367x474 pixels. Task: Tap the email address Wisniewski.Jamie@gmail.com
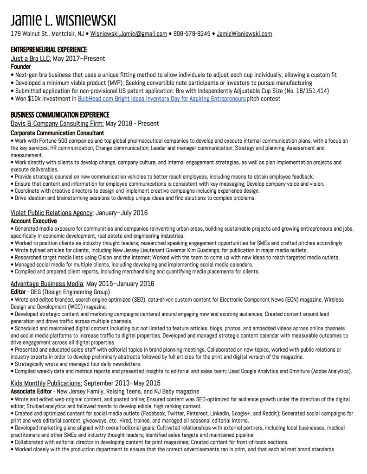tap(129, 34)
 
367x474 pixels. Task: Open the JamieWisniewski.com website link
tap(244, 34)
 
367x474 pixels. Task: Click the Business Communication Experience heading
tap(60, 115)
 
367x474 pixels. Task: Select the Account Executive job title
tap(33, 221)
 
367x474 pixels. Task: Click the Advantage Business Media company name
tap(47, 283)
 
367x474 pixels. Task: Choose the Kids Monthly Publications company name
tap(46, 383)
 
